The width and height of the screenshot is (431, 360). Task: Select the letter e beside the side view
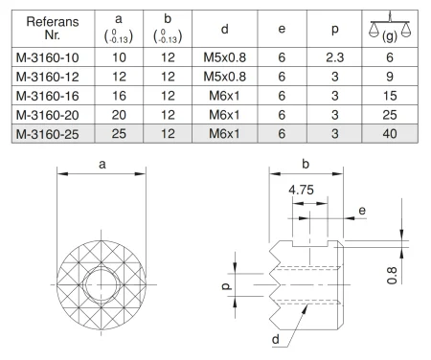[x=363, y=209]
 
